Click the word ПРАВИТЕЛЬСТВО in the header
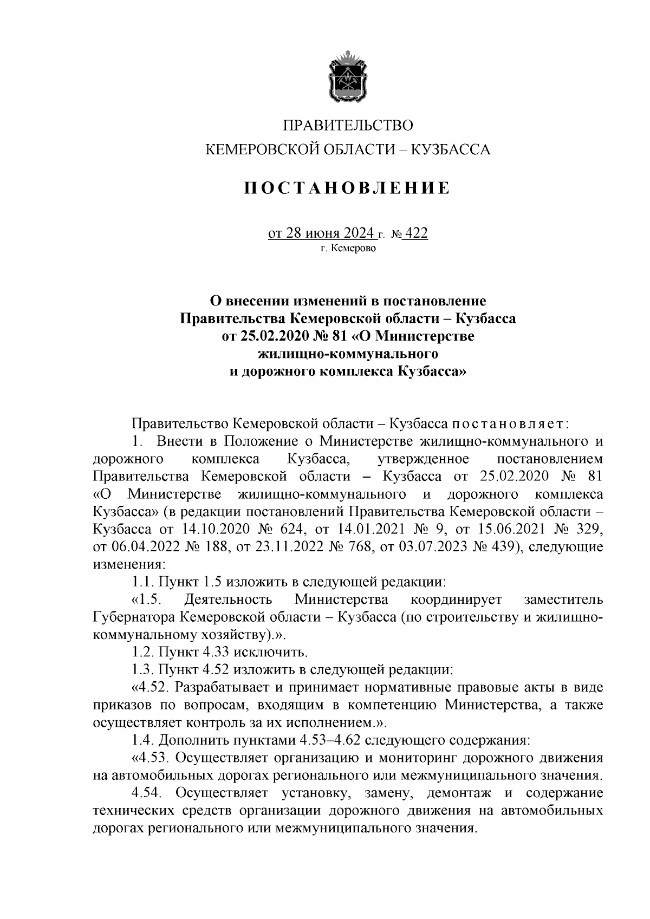(x=347, y=126)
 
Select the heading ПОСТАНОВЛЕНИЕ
(x=347, y=188)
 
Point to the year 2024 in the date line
(x=355, y=233)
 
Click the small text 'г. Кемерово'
(x=347, y=249)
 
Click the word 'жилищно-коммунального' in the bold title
(x=347, y=354)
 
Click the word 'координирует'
(x=456, y=599)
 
